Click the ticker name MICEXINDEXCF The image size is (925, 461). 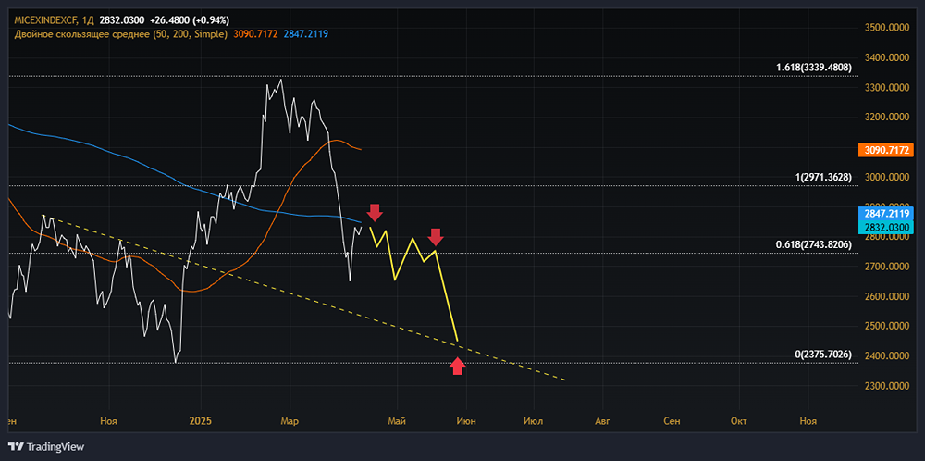coord(45,19)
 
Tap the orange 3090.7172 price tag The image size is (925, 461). coord(885,150)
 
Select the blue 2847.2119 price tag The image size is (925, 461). coord(885,214)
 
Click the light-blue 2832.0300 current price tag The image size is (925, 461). coord(885,227)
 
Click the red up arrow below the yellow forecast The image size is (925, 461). coord(457,367)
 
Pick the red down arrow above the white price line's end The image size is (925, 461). coord(375,212)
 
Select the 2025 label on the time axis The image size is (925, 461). coord(201,421)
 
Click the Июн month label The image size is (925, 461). coord(465,421)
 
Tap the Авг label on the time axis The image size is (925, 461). coord(603,421)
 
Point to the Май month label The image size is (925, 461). coord(397,421)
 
